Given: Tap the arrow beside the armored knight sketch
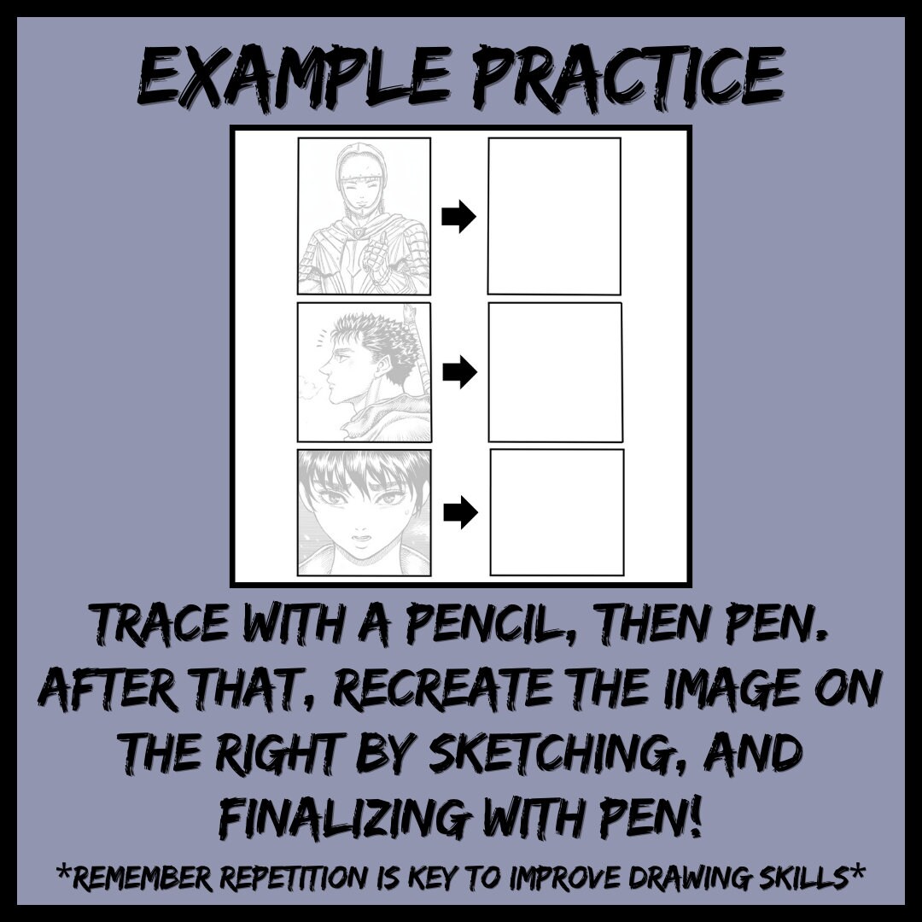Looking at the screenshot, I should [458, 219].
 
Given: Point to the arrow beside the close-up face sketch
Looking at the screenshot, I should [460, 512].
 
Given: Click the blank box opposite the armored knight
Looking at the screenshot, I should [554, 216].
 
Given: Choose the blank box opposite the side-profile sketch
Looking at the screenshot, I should [555, 371].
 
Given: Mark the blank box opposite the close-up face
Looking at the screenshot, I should [557, 512].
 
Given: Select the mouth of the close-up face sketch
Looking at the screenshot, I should [361, 540].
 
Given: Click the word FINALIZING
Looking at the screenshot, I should [341, 815].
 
